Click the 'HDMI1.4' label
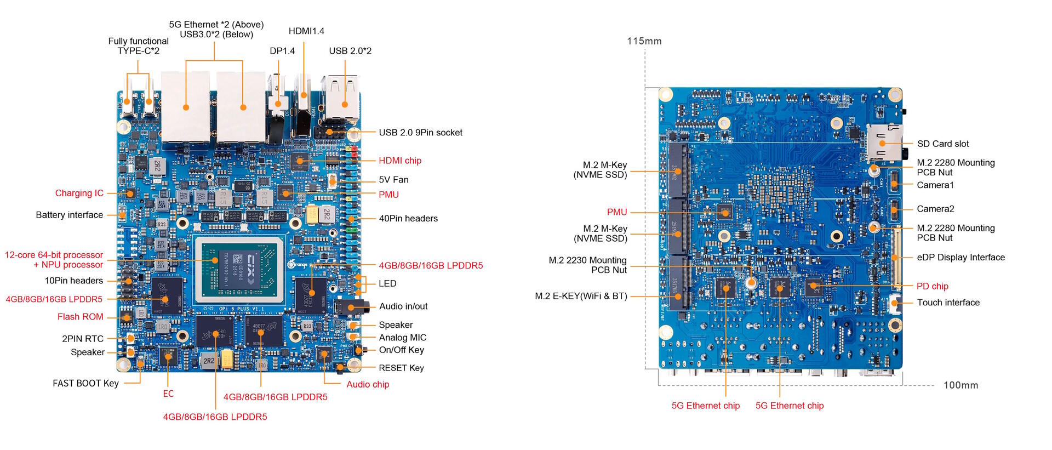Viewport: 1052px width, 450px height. pyautogui.click(x=306, y=31)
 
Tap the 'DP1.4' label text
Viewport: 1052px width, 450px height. pyautogui.click(x=282, y=51)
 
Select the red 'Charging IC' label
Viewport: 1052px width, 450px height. pyautogui.click(x=79, y=193)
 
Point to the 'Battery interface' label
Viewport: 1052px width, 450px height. pyautogui.click(x=69, y=215)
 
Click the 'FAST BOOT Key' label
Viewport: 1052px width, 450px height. pyautogui.click(x=85, y=383)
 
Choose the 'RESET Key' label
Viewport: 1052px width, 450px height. pyautogui.click(x=401, y=368)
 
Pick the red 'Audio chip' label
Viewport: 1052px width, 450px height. pyautogui.click(x=368, y=384)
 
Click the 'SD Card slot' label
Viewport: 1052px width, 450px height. pyautogui.click(x=942, y=144)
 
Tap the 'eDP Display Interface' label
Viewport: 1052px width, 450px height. pyautogui.click(x=960, y=257)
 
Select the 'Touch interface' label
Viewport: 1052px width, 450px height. pyautogui.click(x=948, y=302)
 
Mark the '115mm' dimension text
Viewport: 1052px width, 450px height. pyautogui.click(x=644, y=41)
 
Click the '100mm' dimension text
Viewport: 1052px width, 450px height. pyautogui.click(x=960, y=385)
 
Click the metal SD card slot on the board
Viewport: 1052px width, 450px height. pyautogui.click(x=884, y=142)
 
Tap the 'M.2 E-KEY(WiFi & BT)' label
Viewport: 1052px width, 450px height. pyautogui.click(x=581, y=296)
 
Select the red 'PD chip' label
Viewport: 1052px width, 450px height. pyautogui.click(x=932, y=286)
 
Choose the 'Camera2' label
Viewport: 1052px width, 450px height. pyautogui.click(x=935, y=209)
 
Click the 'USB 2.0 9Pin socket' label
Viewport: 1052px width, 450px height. pyautogui.click(x=420, y=133)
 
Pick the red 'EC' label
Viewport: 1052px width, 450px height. pyautogui.click(x=168, y=394)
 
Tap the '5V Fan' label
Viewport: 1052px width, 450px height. pyautogui.click(x=393, y=180)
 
